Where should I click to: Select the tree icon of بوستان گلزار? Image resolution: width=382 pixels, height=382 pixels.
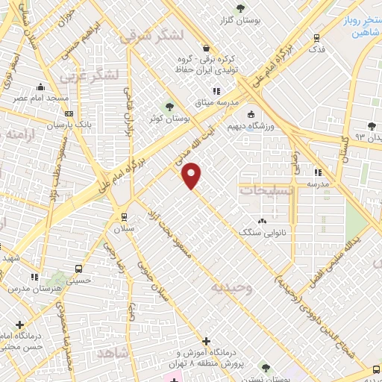(239, 9)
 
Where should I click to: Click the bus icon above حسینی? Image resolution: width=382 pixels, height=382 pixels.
(78, 269)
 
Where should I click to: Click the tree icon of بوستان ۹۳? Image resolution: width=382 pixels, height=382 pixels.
(372, 126)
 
